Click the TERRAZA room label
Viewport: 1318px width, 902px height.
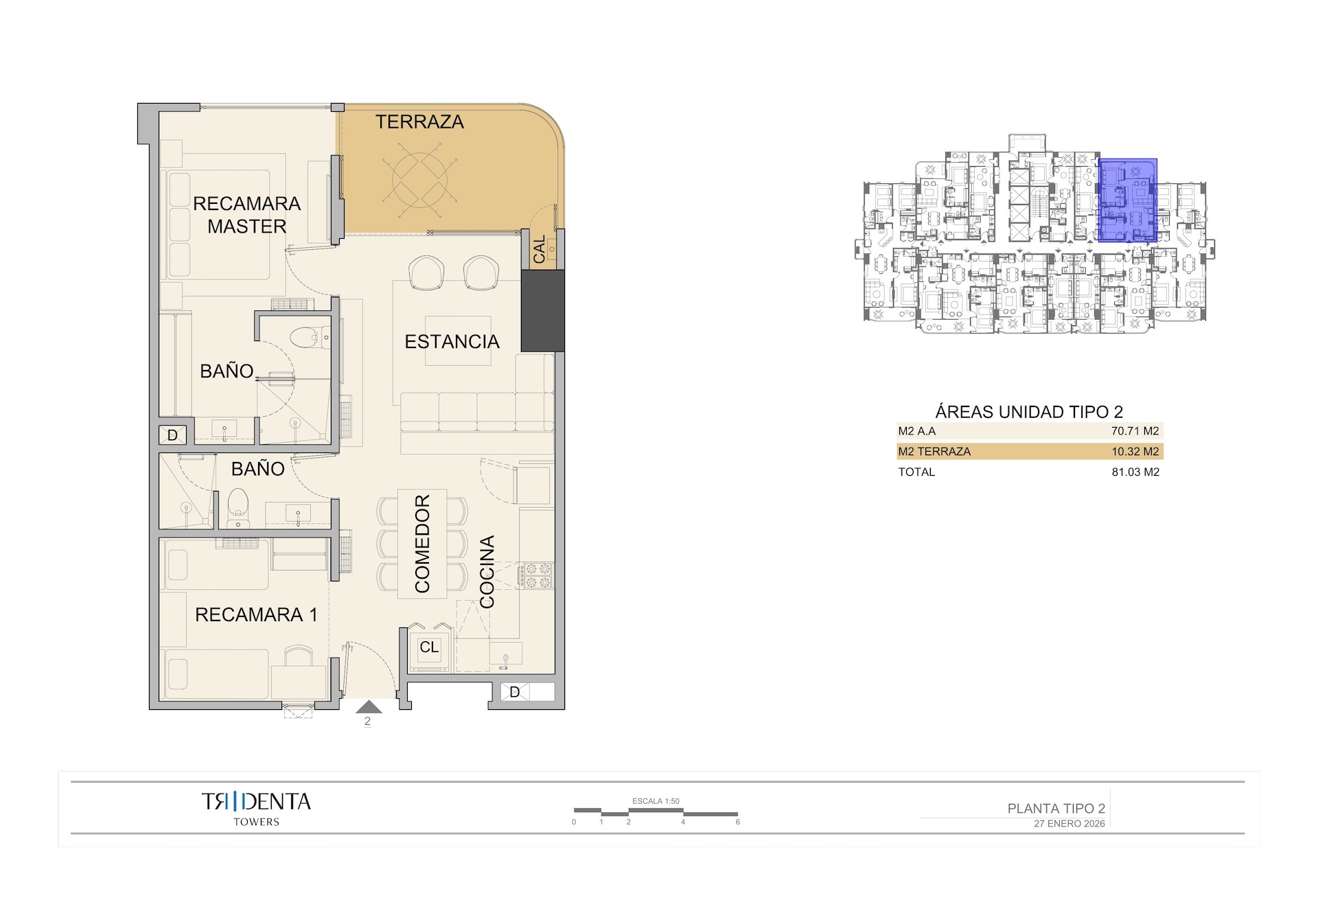(x=419, y=122)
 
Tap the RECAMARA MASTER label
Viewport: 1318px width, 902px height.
(x=246, y=215)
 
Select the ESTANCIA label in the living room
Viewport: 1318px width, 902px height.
(x=452, y=342)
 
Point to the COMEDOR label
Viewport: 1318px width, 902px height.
(x=422, y=544)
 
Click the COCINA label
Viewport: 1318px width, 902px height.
(x=487, y=572)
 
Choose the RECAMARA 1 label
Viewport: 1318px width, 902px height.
(x=256, y=614)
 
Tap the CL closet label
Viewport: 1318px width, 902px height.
(x=429, y=647)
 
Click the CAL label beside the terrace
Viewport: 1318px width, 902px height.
(x=540, y=248)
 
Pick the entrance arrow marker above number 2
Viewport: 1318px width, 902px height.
(x=369, y=707)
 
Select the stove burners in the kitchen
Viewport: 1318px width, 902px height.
(x=536, y=576)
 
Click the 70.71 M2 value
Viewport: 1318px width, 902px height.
(x=1135, y=431)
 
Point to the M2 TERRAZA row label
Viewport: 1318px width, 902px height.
(x=934, y=452)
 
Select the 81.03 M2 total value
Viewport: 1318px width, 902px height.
(x=1135, y=472)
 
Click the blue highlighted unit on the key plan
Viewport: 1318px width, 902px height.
(x=1128, y=200)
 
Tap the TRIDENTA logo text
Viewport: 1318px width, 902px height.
(x=256, y=801)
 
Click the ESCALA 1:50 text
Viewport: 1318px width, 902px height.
(x=656, y=801)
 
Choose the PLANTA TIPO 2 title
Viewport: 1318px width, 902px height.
(x=1056, y=809)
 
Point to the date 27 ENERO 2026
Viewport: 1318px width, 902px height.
(x=1069, y=824)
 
